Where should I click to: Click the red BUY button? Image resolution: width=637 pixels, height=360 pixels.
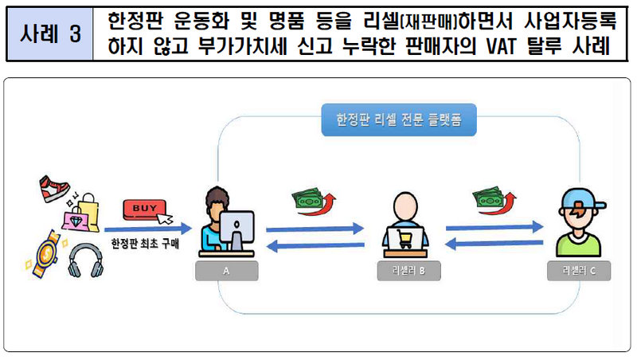pos(145,209)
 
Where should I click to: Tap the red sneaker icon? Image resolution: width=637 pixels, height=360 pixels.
pos(54,189)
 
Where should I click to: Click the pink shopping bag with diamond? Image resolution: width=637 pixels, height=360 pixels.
pos(75,218)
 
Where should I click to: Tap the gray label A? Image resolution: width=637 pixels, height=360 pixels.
pos(226,271)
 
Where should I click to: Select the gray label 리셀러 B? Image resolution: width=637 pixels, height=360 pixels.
pos(408,271)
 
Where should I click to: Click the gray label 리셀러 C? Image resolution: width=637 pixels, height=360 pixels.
pos(579,271)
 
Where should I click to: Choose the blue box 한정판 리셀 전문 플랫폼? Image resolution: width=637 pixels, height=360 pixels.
pos(399,119)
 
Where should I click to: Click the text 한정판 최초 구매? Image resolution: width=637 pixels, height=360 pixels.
pos(145,244)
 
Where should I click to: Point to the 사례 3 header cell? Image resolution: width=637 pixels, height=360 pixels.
pos(50,33)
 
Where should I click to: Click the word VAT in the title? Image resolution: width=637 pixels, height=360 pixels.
pos(501,46)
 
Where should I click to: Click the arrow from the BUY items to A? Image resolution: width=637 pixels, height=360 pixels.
pos(148,229)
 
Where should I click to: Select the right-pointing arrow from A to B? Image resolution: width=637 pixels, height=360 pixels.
pos(315,229)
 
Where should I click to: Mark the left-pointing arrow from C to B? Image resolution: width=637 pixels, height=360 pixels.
pos(494,244)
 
